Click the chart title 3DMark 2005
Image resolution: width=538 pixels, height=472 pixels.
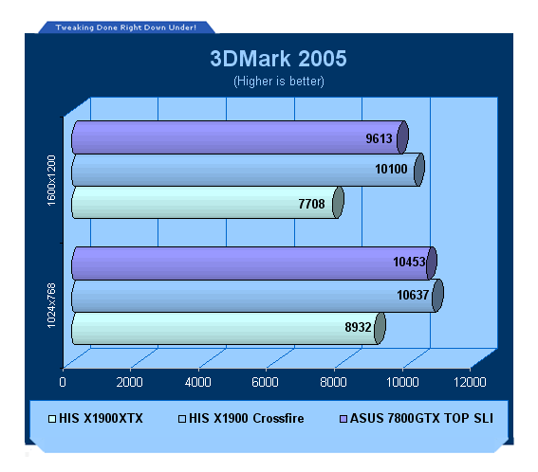coord(278,58)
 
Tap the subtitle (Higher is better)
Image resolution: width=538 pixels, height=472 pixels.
coord(279,82)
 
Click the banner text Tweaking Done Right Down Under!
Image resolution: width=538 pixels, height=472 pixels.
coord(126,27)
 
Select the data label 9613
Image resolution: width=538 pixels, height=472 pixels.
coord(379,138)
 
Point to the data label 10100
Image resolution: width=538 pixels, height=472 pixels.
coord(391,169)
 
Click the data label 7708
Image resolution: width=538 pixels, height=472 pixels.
coord(311,204)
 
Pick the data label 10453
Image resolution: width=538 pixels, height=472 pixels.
coord(409,262)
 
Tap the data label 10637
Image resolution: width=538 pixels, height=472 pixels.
coord(413,295)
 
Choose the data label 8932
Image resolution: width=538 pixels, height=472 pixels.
coord(359,327)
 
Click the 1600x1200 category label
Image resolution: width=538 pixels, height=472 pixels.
coord(51,180)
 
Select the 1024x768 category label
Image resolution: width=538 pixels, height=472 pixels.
coord(51,306)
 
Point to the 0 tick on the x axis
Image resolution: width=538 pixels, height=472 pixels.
coord(63,382)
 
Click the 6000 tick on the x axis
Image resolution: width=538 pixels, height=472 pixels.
coord(266,382)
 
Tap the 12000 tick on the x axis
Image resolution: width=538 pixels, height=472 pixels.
coord(470,382)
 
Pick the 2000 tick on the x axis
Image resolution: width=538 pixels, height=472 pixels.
coord(129,382)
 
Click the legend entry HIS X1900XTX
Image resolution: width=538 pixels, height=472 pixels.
coord(96,419)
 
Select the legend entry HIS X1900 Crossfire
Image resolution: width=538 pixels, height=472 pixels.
coord(241,419)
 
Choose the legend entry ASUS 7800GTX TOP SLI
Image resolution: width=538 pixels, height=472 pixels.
coord(417,419)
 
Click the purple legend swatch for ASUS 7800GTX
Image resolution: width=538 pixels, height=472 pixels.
coord(343,419)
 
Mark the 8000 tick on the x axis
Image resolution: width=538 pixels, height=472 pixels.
coord(333,382)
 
